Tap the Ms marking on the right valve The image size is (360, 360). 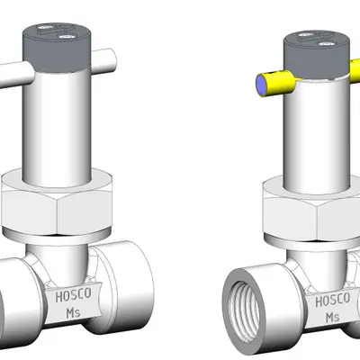coord(332,318)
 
